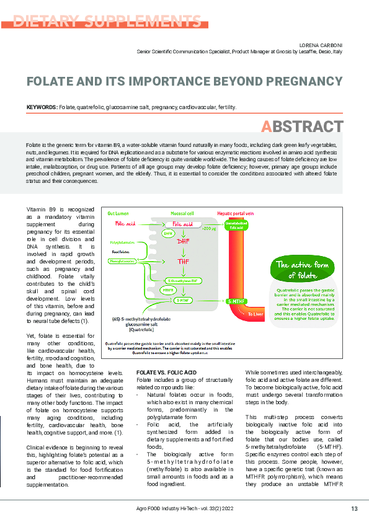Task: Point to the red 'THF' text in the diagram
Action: (x=184, y=262)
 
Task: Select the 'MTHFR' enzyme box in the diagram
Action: (x=167, y=290)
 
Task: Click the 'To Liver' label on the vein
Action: (x=256, y=314)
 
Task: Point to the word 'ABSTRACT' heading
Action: (x=302, y=126)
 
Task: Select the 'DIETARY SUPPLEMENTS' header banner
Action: (x=104, y=21)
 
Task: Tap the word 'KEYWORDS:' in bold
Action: (x=42, y=107)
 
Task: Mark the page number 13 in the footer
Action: (x=354, y=509)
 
